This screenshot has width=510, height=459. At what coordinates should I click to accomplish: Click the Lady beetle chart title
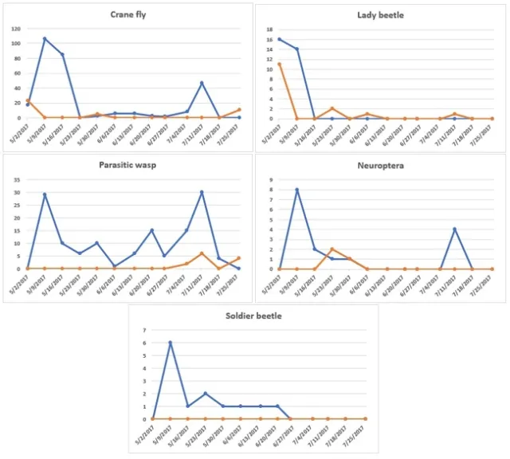point(382,15)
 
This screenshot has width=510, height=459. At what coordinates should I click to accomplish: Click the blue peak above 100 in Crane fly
point(45,38)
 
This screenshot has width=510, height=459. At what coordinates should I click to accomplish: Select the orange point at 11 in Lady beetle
point(279,65)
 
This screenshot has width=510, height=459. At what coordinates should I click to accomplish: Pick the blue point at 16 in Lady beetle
point(279,39)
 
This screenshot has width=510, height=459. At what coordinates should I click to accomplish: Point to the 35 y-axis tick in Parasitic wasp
point(18,180)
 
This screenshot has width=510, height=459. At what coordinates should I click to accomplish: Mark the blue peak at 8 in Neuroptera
point(296,190)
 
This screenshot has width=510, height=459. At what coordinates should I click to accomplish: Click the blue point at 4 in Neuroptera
point(454,229)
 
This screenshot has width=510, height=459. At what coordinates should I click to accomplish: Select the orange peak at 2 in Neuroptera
point(331,249)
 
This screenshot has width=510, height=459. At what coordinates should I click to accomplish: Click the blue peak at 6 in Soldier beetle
point(170,343)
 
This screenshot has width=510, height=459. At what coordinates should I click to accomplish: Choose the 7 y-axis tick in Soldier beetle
point(144,330)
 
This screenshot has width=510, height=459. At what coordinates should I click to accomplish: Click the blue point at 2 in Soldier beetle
point(205,394)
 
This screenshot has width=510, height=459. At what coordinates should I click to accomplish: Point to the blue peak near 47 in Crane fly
point(202,83)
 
